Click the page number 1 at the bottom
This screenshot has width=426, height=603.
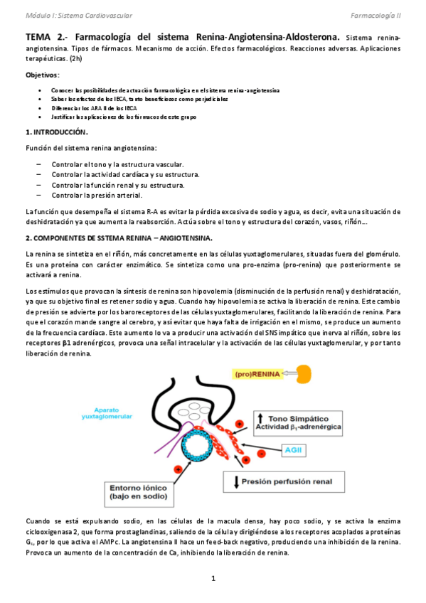[213, 579]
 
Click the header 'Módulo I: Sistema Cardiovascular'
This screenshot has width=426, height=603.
[68, 14]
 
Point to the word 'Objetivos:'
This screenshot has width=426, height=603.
[43, 75]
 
